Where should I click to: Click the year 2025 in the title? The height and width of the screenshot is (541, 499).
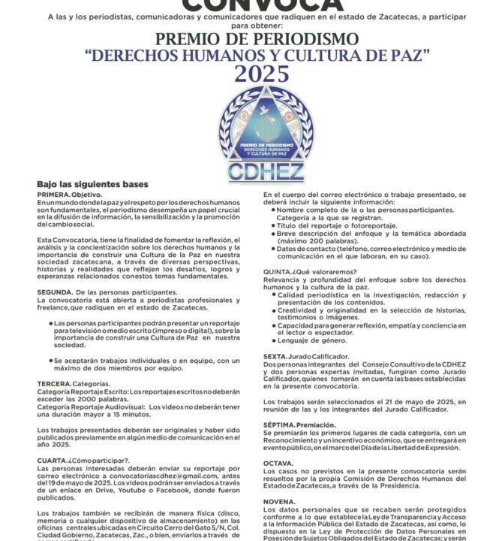(261, 74)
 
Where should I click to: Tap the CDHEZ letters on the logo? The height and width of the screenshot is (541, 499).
(260, 171)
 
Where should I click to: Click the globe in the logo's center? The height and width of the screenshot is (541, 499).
(260, 121)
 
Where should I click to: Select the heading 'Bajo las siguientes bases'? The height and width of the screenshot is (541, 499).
(93, 185)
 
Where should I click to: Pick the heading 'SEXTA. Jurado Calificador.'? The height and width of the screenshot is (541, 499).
(306, 356)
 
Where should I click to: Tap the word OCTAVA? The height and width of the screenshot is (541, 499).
(278, 464)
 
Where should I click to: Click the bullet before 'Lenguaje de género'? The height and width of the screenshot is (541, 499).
(272, 340)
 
